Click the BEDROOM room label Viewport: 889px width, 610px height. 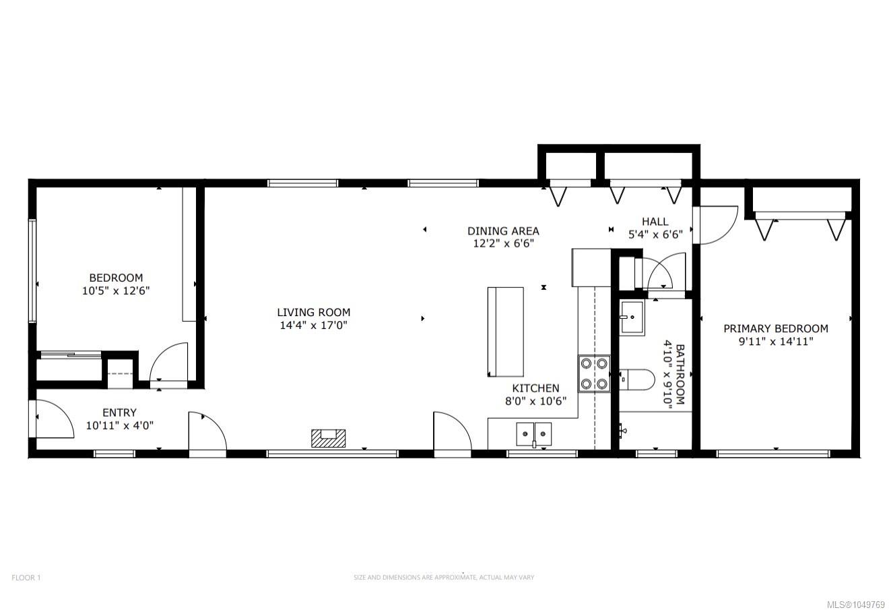coord(116,278)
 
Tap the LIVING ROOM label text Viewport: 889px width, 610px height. coord(314,312)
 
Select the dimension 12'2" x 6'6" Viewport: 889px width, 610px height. coord(503,243)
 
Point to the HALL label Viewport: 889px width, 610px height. coord(655,221)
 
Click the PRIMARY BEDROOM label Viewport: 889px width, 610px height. coord(776,328)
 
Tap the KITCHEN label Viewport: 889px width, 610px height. coord(535,388)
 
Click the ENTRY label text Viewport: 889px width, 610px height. coord(119,413)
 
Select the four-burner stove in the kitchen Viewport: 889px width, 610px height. coord(594,373)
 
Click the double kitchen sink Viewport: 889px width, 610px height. coord(534,434)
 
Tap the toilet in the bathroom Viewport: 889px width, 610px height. coord(636,379)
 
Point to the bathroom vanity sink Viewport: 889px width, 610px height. coord(632,317)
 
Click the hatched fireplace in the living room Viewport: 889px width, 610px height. coord(328,438)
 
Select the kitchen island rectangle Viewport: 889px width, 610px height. coord(505,332)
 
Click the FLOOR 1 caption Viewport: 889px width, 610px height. coord(26,578)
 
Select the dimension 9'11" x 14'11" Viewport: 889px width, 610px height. coord(776,342)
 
